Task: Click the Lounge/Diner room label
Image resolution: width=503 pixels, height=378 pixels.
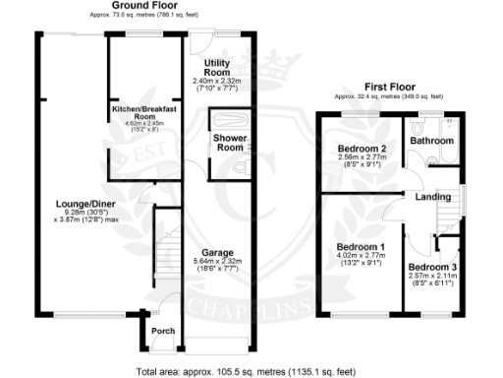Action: [75, 205]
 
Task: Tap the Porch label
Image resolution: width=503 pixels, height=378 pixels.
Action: [162, 331]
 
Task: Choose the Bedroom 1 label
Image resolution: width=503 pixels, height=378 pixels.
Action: [355, 247]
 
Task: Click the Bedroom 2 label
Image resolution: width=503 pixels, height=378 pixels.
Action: [348, 150]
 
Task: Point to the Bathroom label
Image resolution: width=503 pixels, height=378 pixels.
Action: [431, 141]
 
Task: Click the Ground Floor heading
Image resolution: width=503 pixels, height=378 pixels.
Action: [144, 7]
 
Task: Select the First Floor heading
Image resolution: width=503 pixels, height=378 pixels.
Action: [388, 88]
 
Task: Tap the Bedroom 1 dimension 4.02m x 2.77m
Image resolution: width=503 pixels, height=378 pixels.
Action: [355, 257]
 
